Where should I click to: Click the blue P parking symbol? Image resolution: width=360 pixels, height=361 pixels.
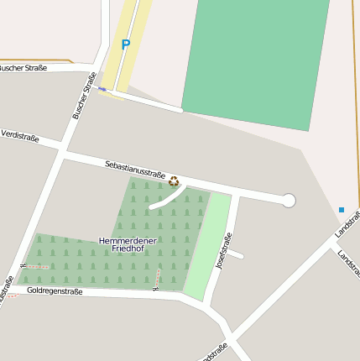click(126, 44)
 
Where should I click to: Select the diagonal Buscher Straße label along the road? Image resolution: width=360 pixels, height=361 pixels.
click(85, 95)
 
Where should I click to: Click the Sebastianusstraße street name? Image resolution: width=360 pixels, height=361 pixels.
click(135, 169)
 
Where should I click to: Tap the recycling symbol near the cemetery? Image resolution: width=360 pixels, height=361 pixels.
click(174, 180)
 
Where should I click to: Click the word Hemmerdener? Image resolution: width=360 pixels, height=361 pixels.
click(128, 241)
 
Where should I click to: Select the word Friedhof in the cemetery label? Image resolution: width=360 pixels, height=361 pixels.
click(128, 250)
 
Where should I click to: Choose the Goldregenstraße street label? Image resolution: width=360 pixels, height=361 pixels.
click(55, 291)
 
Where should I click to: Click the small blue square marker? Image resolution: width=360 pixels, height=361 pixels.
click(342, 209)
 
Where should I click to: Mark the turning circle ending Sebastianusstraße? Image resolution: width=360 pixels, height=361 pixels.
click(289, 200)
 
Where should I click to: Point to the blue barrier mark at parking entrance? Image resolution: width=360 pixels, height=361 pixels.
click(102, 88)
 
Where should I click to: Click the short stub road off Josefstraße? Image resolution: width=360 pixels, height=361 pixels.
click(236, 254)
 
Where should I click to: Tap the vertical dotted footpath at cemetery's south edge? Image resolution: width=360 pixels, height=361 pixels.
click(157, 276)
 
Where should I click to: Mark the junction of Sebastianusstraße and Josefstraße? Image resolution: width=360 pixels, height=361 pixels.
click(238, 192)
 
